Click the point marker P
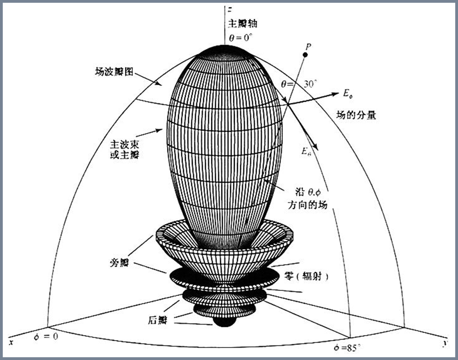[304, 55]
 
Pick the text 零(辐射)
[306, 276]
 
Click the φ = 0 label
[47, 336]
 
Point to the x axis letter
[10, 343]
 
